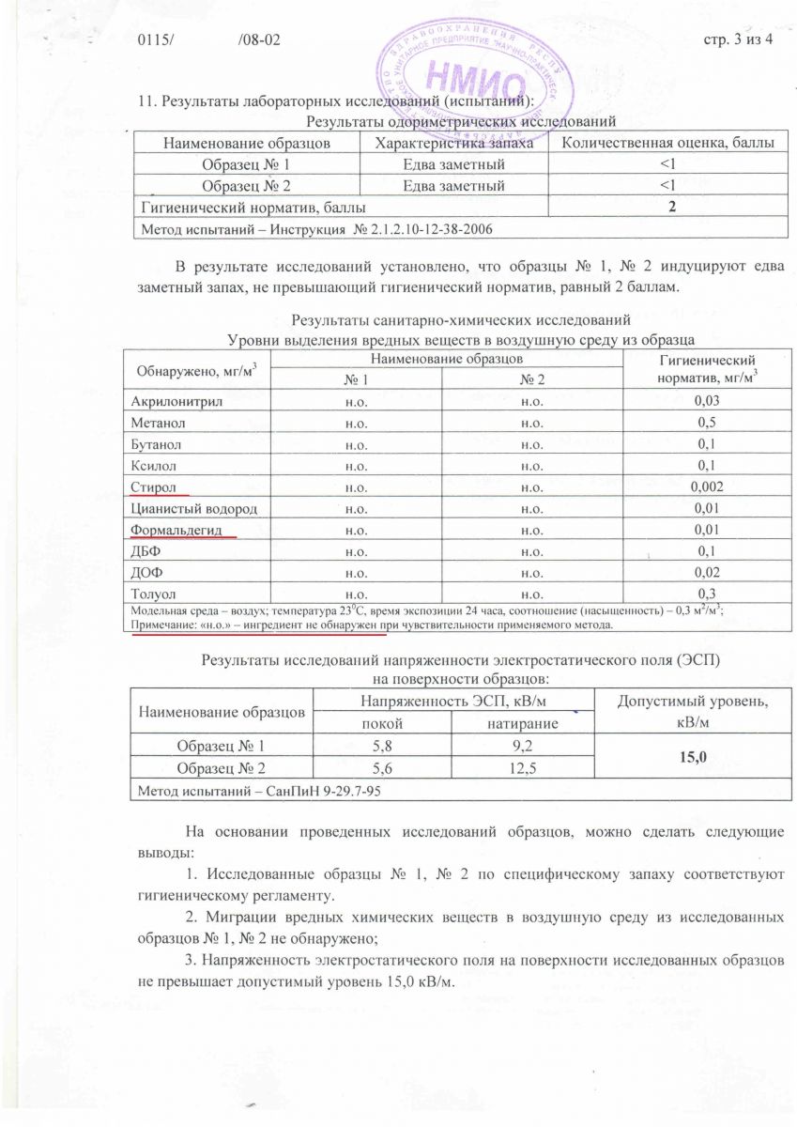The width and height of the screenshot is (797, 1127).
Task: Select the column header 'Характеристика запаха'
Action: point(453,143)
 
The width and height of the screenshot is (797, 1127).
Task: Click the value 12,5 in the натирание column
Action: point(523,767)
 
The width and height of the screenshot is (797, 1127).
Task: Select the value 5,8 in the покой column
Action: point(382,747)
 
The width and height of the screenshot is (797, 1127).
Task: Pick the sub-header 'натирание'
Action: point(523,724)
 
